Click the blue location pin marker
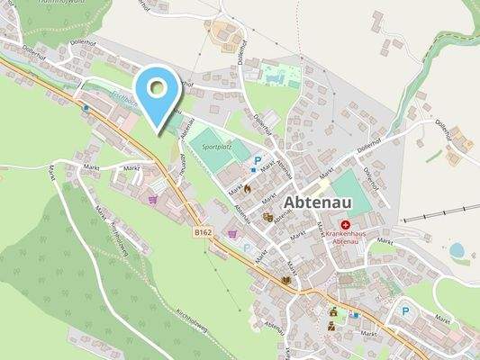coord(158,94)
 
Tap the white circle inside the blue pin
coord(158,87)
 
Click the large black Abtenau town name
coord(323,201)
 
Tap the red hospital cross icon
coord(346,224)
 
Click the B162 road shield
coord(204,232)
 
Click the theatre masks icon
coord(267,217)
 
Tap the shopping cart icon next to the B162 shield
coord(233,233)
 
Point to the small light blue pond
coord(457,249)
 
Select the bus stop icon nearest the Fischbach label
coord(86,107)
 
